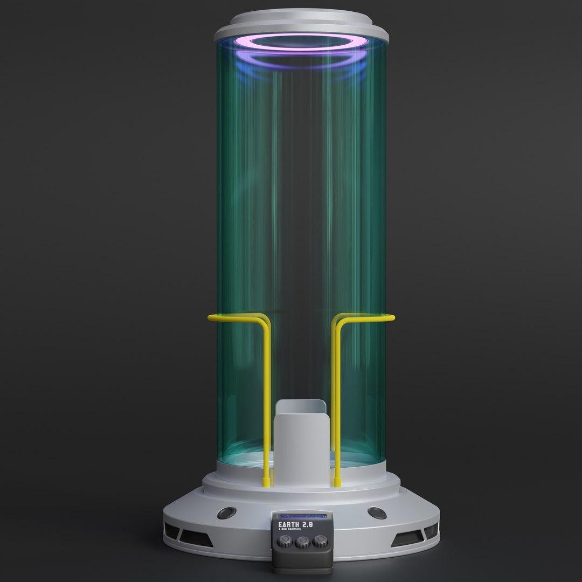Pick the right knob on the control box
(320, 541)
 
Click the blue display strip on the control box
(302, 516)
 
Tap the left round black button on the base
(226, 513)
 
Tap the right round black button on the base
(377, 513)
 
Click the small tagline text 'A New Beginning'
(289, 529)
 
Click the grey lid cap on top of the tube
(301, 22)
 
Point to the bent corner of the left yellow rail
(265, 323)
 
